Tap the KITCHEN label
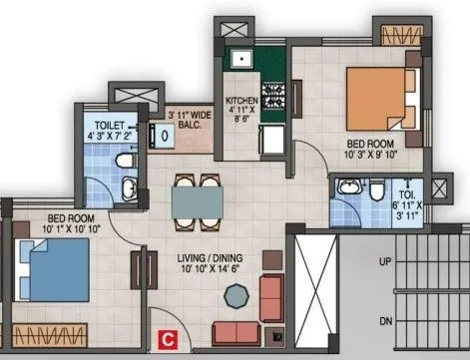pos(243,109)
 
